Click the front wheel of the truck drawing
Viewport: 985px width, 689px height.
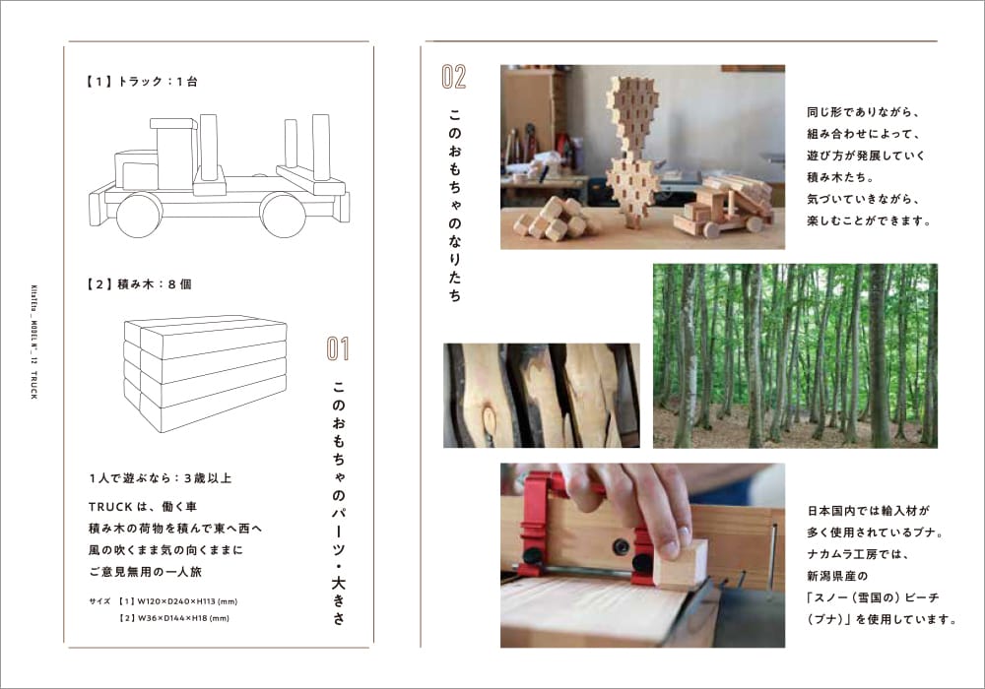point(140,215)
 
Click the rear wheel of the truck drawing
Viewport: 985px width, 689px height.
point(284,215)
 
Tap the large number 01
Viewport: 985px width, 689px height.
point(337,348)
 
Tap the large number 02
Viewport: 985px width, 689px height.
point(453,77)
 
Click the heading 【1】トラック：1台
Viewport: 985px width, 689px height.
point(141,82)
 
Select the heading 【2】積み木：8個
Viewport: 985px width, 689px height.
point(139,284)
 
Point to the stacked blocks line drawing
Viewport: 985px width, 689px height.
point(205,374)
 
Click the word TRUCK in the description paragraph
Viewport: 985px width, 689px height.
point(110,507)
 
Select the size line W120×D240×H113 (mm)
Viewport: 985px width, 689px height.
point(178,601)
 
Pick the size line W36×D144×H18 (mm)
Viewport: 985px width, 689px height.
point(174,619)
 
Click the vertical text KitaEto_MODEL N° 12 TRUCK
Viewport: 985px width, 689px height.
point(33,341)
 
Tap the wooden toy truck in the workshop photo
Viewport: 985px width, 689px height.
point(722,207)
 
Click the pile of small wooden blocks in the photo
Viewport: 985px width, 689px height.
point(554,219)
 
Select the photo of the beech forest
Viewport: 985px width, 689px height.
point(795,355)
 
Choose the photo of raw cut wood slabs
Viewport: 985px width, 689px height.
point(542,396)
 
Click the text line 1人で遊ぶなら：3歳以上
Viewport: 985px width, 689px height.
point(161,478)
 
